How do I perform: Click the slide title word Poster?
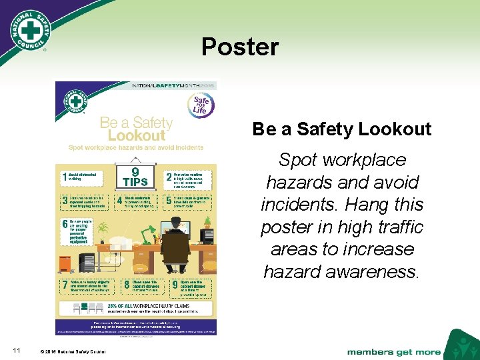click(x=240, y=47)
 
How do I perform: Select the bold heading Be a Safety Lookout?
click(x=341, y=129)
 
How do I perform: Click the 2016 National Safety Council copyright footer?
click(x=73, y=351)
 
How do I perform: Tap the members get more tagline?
click(x=393, y=351)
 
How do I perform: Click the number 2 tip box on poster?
click(x=189, y=177)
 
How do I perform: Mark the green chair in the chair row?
click(x=77, y=308)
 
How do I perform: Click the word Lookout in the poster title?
click(x=136, y=135)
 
